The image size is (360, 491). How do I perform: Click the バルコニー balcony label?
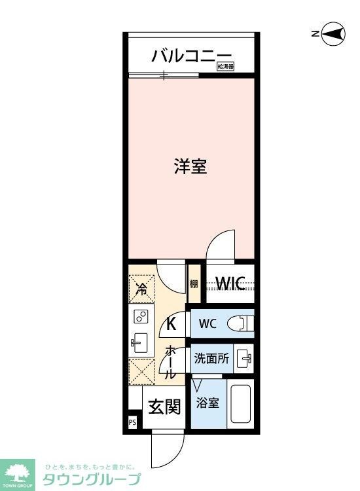(191, 55)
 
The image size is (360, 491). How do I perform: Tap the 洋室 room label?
(190, 166)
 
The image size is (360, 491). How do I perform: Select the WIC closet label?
(230, 283)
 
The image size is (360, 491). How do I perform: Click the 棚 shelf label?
(194, 284)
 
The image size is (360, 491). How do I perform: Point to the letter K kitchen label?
(171, 323)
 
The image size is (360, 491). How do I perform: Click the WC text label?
(207, 324)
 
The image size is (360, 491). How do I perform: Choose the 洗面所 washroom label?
(211, 359)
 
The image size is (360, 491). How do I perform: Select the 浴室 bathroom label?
(209, 403)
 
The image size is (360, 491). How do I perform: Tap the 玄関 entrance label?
(164, 407)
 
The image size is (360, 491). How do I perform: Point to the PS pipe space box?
(133, 422)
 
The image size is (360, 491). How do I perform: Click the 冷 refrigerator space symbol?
(142, 287)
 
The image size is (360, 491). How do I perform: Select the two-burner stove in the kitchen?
(141, 318)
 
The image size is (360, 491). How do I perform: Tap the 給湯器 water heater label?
(226, 66)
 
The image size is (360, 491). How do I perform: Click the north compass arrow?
(332, 35)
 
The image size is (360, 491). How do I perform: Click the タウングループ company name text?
(91, 479)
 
